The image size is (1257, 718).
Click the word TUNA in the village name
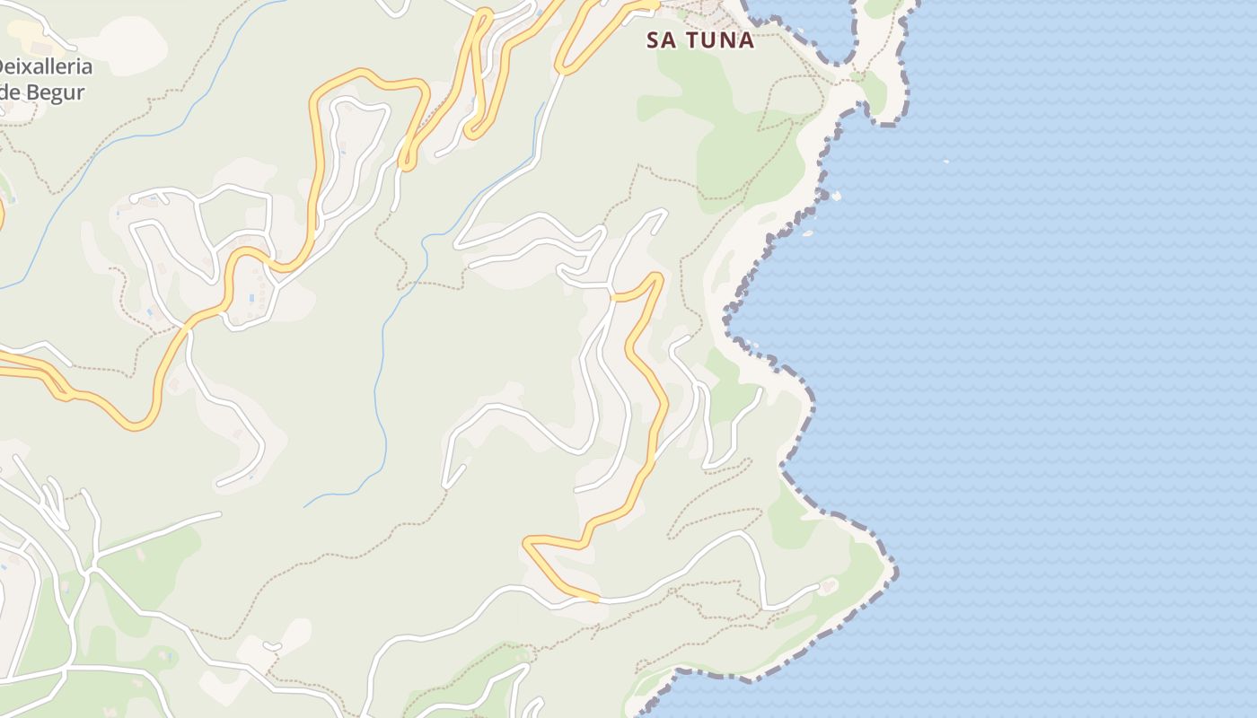[x=719, y=40]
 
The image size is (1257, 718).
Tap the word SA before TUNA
[x=661, y=40]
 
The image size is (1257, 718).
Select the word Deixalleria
[x=43, y=67]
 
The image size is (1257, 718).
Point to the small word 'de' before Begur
[x=9, y=92]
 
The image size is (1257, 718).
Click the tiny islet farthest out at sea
[x=945, y=162]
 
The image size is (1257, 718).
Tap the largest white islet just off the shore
[x=836, y=195]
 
